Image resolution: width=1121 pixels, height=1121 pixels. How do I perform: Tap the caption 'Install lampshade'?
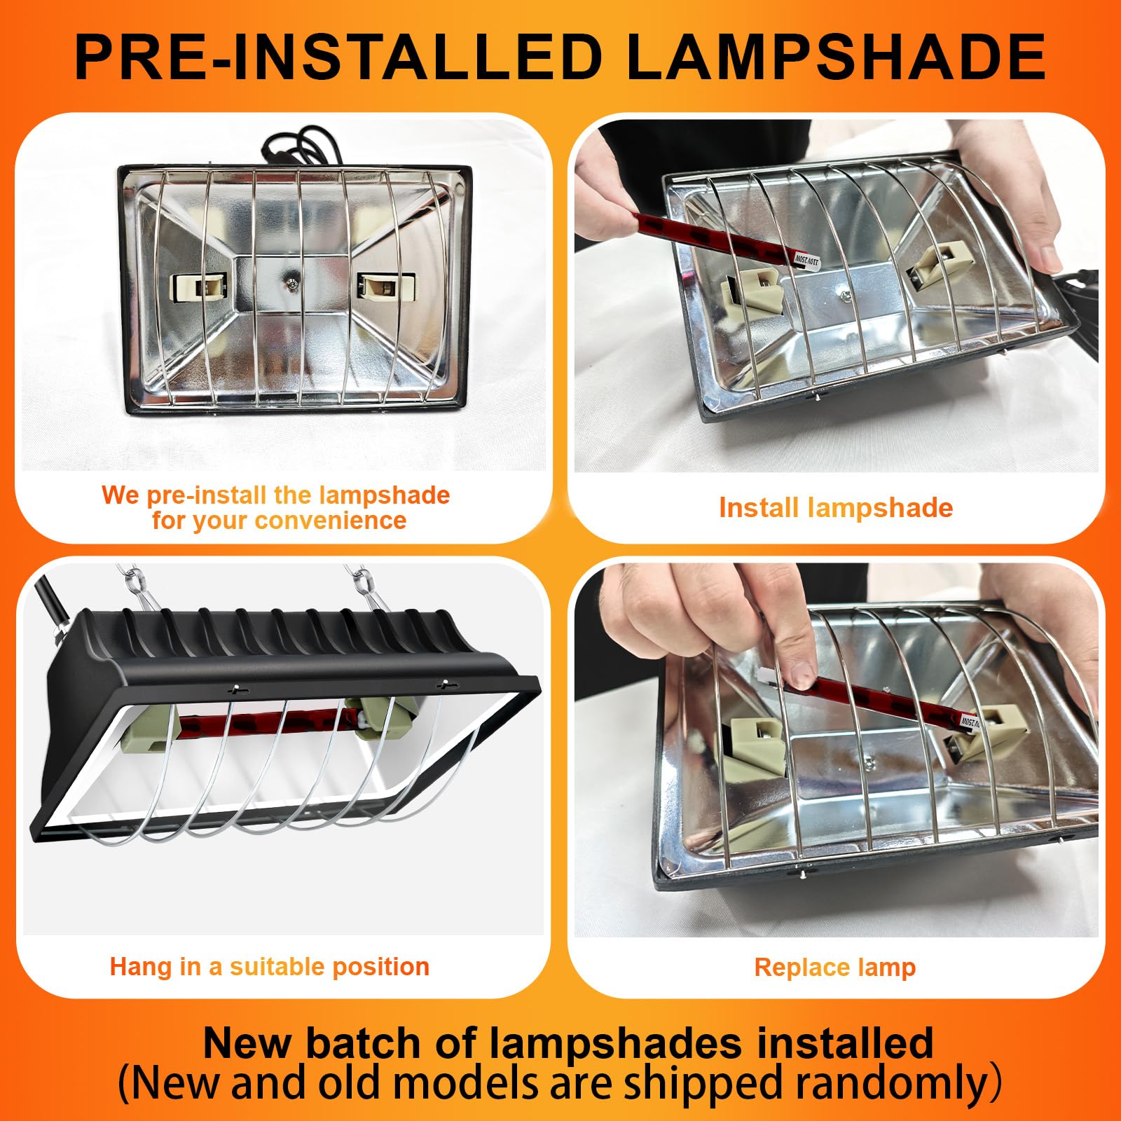pyautogui.click(x=836, y=508)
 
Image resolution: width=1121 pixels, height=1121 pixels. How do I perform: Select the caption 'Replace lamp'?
pyautogui.click(x=835, y=968)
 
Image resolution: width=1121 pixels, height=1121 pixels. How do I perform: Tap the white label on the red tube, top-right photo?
pyautogui.click(x=806, y=259)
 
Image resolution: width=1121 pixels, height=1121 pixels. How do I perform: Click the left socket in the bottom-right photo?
pyautogui.click(x=758, y=747)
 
